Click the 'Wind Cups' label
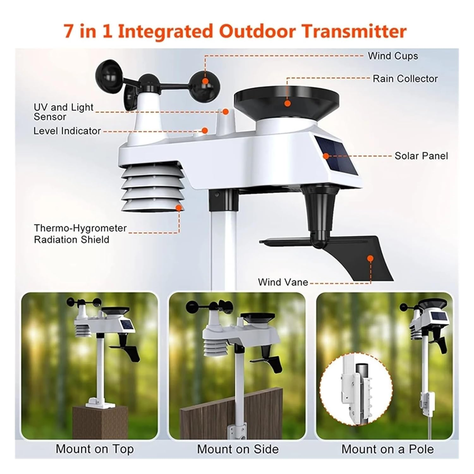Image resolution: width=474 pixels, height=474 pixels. pyautogui.click(x=392, y=56)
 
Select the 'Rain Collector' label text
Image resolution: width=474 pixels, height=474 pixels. pyautogui.click(x=405, y=79)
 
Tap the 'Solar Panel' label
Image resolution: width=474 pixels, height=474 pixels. pyautogui.click(x=421, y=156)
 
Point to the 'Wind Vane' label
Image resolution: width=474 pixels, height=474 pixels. pyautogui.click(x=283, y=282)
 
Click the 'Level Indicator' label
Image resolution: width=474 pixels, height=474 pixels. pyautogui.click(x=67, y=131)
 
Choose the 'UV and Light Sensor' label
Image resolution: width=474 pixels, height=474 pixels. pyautogui.click(x=63, y=112)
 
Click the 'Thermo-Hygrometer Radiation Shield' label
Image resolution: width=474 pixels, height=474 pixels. pyautogui.click(x=80, y=234)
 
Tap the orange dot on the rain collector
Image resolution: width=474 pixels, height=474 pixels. pyautogui.click(x=287, y=103)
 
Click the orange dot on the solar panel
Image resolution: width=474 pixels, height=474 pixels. pyautogui.click(x=326, y=156)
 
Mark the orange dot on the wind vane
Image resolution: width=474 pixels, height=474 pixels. pyautogui.click(x=371, y=258)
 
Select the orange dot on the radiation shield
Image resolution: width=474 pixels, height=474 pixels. pyautogui.click(x=179, y=208)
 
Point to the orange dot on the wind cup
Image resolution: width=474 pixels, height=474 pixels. pyautogui.click(x=205, y=81)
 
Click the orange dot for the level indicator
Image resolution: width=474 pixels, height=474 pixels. pyautogui.click(x=205, y=130)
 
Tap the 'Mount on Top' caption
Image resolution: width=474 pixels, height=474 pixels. pyautogui.click(x=94, y=449)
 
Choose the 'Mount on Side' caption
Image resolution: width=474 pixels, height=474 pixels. pyautogui.click(x=238, y=449)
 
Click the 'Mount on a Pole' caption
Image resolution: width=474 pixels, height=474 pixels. pyautogui.click(x=387, y=449)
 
